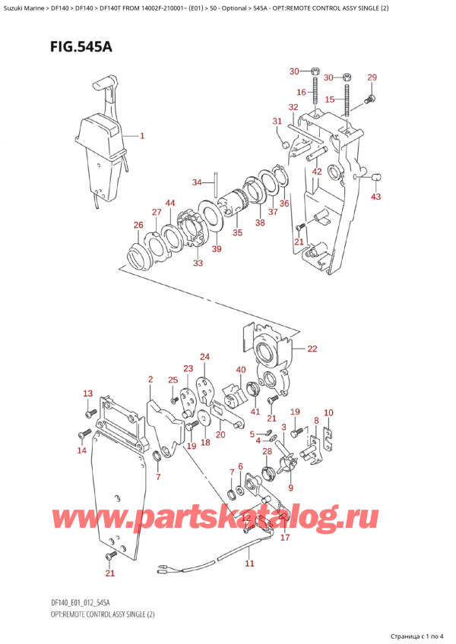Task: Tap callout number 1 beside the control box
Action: [141, 137]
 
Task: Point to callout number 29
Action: [372, 77]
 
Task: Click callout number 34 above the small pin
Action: [197, 182]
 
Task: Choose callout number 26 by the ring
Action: [138, 225]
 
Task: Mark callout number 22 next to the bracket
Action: [311, 349]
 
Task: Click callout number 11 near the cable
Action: [249, 563]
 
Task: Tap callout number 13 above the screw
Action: [87, 393]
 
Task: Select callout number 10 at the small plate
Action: [328, 413]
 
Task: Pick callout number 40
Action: [241, 370]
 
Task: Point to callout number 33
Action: [198, 263]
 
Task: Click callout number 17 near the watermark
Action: [285, 538]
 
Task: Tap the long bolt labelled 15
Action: [347, 111]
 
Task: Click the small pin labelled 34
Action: [216, 182]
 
